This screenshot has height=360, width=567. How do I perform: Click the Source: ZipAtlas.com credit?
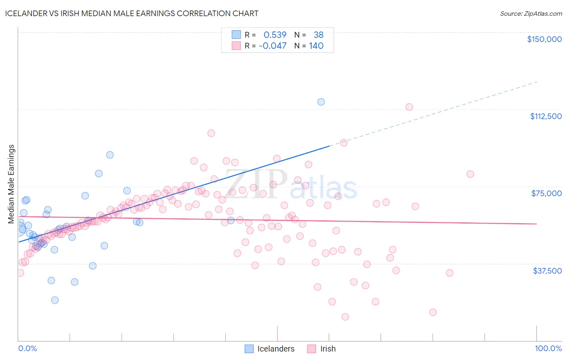(531, 13)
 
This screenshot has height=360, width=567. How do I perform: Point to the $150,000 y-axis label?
(544, 39)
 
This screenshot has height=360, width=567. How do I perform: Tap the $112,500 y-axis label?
(546, 116)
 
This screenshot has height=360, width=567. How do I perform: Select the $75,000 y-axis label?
(546, 193)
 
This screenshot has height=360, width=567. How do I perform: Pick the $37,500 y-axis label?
(547, 271)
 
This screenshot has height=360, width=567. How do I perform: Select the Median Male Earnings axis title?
(11, 184)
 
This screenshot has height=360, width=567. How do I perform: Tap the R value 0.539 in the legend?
(275, 35)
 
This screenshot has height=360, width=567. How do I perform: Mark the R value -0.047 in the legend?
(273, 46)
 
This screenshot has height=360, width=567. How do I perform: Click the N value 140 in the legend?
(316, 46)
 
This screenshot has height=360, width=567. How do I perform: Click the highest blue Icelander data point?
(321, 102)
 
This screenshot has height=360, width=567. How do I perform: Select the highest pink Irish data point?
(409, 107)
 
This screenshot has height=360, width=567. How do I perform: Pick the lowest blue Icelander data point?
(55, 300)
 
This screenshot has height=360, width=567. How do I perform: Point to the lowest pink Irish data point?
(345, 317)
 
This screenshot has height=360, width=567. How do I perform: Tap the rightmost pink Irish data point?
(470, 174)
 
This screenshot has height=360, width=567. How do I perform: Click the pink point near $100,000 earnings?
(211, 133)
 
